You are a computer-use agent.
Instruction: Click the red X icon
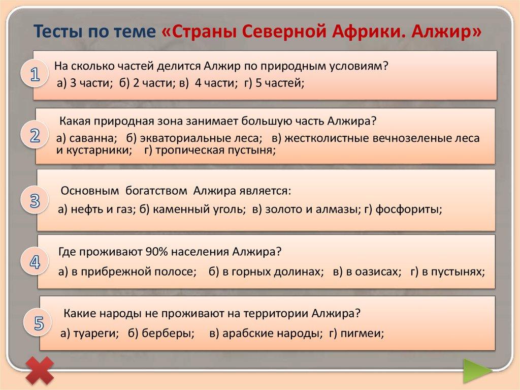point(40,370)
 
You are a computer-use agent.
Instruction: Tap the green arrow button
point(477,371)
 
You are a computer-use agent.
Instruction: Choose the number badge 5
point(38,323)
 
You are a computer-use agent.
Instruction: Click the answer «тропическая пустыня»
point(215,151)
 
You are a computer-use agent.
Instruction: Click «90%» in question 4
point(155,252)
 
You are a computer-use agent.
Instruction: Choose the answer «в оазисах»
point(373,272)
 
